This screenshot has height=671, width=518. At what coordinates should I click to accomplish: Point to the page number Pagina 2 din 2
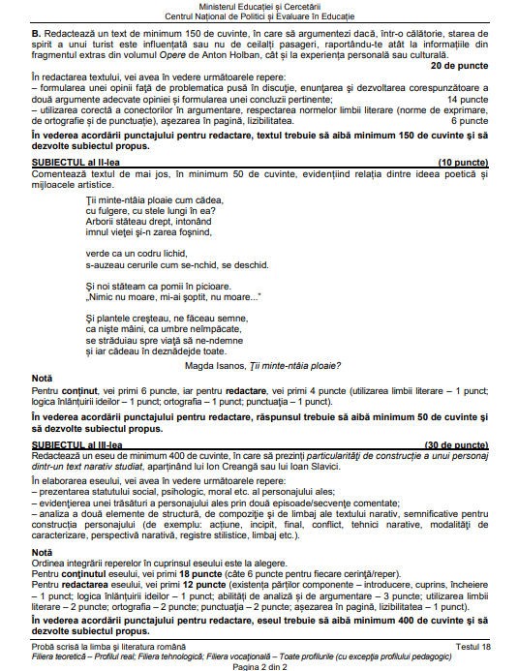260,666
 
